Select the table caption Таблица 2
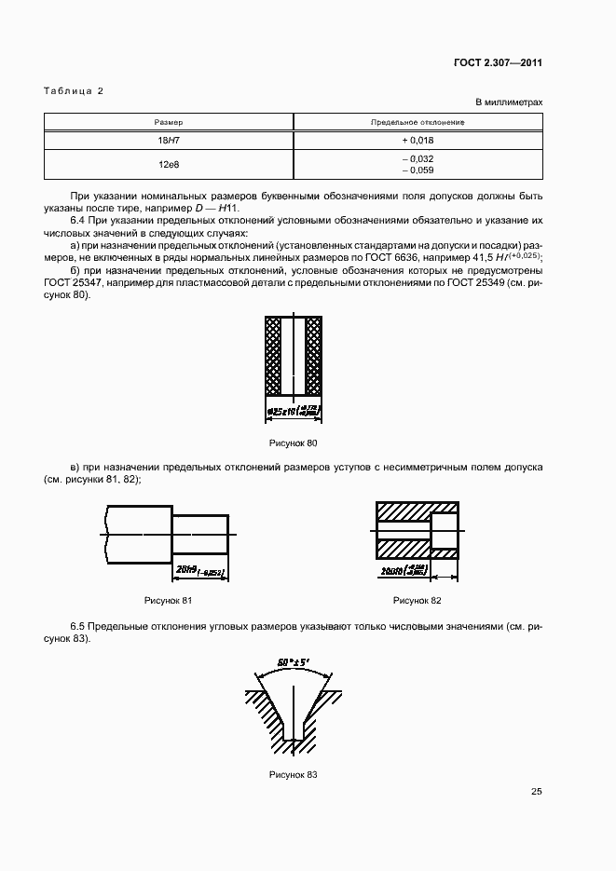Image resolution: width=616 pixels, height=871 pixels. [x=74, y=90]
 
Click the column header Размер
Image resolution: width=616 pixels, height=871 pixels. [x=169, y=122]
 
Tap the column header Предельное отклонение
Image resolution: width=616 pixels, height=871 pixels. [x=418, y=122]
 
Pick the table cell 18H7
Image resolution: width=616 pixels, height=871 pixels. [x=169, y=140]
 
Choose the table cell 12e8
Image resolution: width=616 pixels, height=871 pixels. [x=169, y=164]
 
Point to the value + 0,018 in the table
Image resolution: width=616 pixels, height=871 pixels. [x=418, y=140]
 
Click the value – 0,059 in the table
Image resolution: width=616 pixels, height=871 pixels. [x=418, y=170]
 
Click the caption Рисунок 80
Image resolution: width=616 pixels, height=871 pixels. [x=293, y=443]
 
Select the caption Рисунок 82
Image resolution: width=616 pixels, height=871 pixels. [x=417, y=600]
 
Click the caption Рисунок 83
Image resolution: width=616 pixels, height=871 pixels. [x=294, y=775]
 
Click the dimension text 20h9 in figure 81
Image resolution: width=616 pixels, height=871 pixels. [x=185, y=567]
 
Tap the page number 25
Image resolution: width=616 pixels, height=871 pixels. [x=536, y=792]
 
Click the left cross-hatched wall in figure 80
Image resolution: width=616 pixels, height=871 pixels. [x=274, y=355]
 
